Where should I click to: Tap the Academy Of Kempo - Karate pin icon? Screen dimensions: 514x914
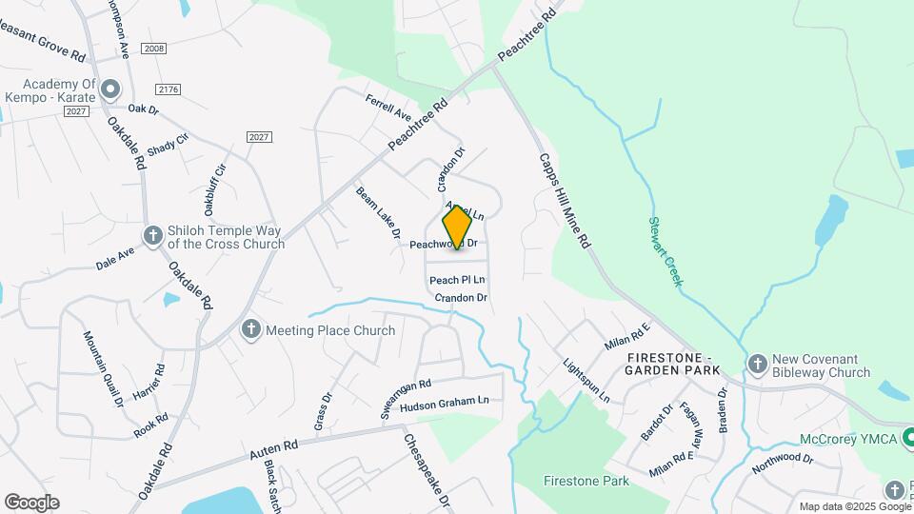[x=109, y=90]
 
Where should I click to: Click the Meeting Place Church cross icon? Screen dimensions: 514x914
[x=251, y=330]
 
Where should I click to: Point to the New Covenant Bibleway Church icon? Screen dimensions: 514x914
[x=757, y=364]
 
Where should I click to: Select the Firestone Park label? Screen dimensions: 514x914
[x=586, y=481]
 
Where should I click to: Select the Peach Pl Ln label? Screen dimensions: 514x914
[x=457, y=280]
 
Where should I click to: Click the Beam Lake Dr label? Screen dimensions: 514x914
[x=378, y=211]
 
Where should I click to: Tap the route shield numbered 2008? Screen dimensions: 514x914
[x=152, y=48]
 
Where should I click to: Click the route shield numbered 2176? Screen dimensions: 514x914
[x=168, y=89]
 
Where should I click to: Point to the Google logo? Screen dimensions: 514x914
[x=31, y=503]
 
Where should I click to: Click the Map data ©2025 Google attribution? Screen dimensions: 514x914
[x=854, y=506]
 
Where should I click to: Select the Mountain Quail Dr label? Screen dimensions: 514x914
[x=103, y=369]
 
